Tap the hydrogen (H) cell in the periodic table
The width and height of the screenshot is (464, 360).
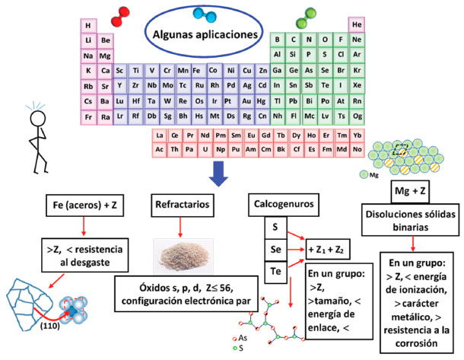click(88, 24)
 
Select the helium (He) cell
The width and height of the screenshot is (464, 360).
click(357, 24)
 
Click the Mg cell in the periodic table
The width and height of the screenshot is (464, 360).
click(105, 56)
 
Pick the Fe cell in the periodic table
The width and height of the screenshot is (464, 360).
click(198, 71)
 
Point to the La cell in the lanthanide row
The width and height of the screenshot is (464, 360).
click(160, 135)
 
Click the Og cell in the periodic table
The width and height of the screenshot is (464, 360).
click(357, 116)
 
